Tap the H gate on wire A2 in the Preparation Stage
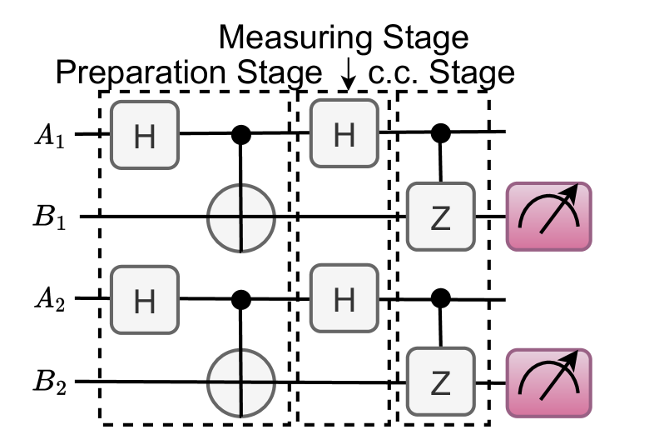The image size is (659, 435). pyautogui.click(x=145, y=300)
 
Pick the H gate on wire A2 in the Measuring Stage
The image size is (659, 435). pyautogui.click(x=344, y=300)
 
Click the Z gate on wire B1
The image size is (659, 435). pyautogui.click(x=440, y=217)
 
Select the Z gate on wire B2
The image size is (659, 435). pyautogui.click(x=440, y=382)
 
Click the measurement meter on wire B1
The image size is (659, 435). pyautogui.click(x=548, y=217)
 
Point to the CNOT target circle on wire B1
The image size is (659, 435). pyautogui.click(x=241, y=217)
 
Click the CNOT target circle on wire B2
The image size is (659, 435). pyautogui.click(x=241, y=382)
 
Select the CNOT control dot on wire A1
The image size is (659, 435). pyautogui.click(x=241, y=132)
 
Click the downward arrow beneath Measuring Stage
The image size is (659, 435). pyautogui.click(x=349, y=77)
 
